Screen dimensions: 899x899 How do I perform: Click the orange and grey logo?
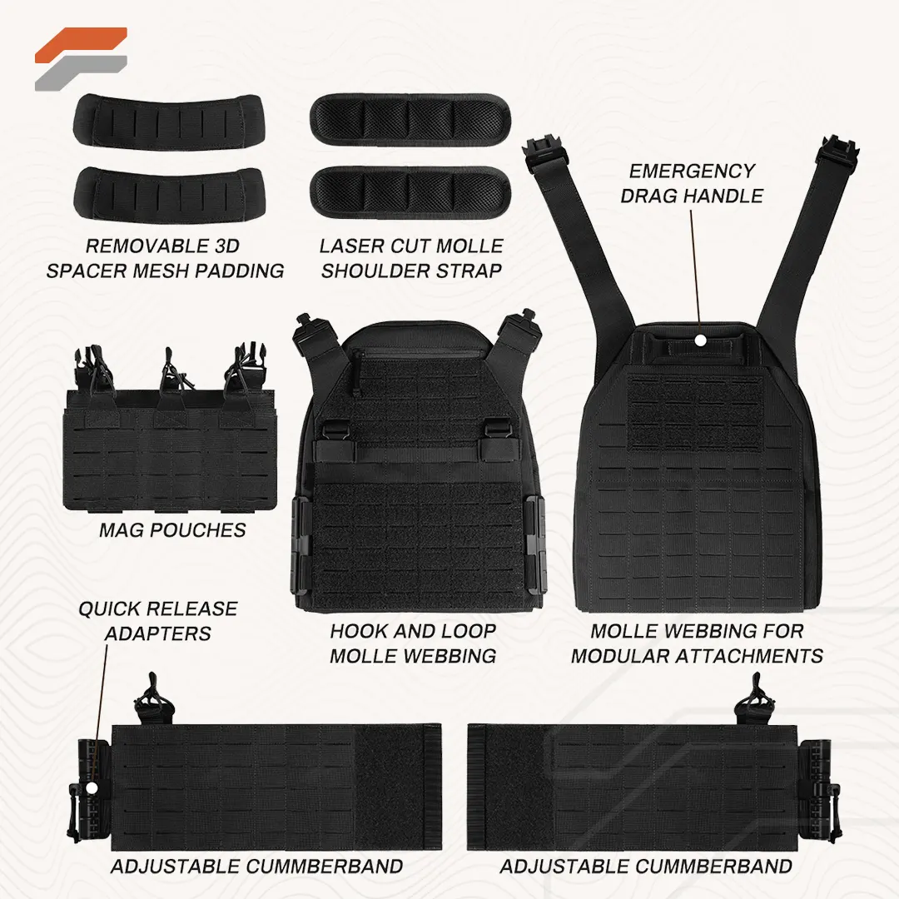[80, 58]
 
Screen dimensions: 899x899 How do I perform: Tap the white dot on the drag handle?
[700, 340]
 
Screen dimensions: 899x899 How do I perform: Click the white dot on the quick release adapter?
[92, 788]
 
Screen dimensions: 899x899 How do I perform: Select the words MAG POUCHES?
[172, 530]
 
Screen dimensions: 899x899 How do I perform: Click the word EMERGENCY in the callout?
[692, 171]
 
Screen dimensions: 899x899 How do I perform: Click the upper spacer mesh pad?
[169, 121]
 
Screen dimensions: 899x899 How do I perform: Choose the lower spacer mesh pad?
[169, 192]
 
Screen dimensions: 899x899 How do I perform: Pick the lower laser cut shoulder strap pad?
[410, 192]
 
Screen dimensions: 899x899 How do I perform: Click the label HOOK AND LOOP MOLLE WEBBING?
[413, 643]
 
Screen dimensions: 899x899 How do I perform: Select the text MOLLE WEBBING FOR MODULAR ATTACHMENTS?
[698, 643]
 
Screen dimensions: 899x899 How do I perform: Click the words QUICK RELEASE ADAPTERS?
[158, 621]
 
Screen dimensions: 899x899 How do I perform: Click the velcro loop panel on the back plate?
[696, 412]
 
